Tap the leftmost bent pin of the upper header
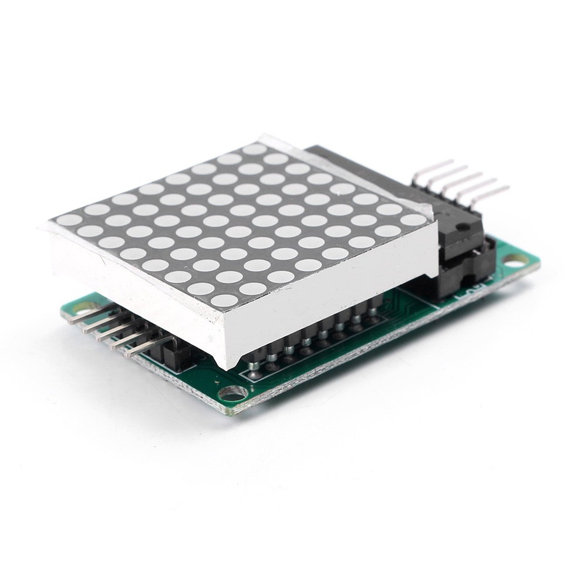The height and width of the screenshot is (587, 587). (x=433, y=165)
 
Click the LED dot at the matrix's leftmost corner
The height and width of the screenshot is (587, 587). (x=69, y=220)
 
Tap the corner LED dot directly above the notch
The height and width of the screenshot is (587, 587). (x=224, y=301)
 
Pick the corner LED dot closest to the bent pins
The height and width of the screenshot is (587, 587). (x=414, y=220)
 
